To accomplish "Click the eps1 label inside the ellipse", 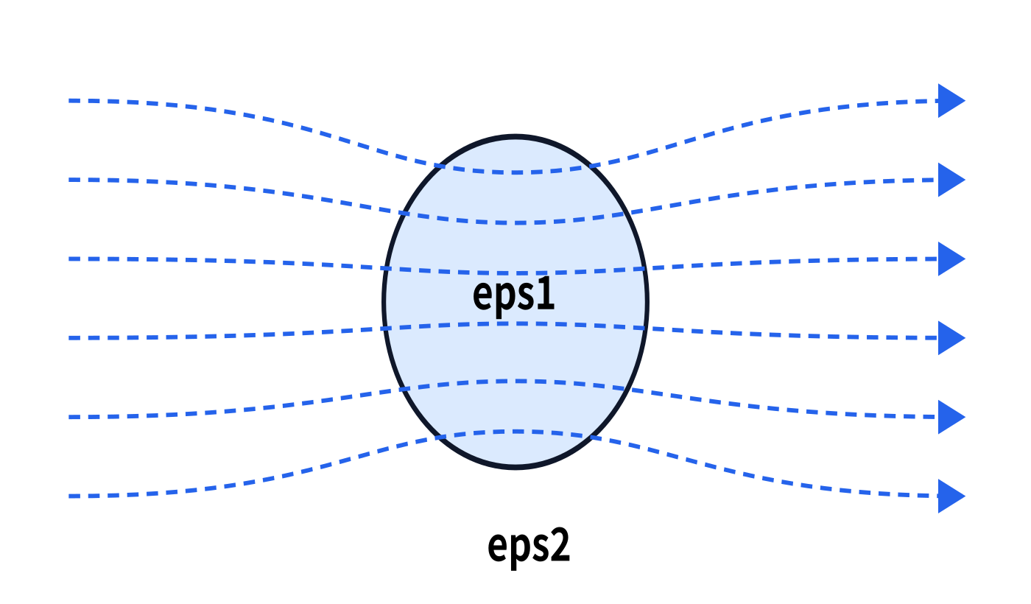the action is tap(514, 296).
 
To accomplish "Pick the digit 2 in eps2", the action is tap(560, 546).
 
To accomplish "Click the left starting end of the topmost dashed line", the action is tap(69, 100).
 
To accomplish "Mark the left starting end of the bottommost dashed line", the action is tap(69, 496).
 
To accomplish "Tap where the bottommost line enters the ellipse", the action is tap(440, 437).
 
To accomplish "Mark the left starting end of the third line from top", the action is tap(69, 259).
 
